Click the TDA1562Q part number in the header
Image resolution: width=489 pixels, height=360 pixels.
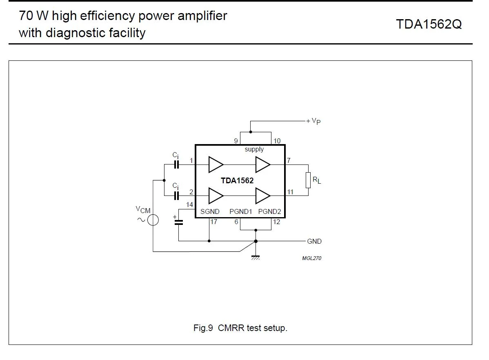click(x=429, y=24)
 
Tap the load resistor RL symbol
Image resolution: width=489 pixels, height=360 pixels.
click(x=308, y=180)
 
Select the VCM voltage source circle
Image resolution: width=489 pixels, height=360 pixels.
click(x=153, y=220)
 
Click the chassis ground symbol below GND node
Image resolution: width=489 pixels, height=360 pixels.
click(x=256, y=257)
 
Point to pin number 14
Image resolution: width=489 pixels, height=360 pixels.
click(x=189, y=205)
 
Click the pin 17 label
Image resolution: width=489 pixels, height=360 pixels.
click(x=213, y=222)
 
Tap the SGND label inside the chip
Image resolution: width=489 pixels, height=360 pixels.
click(x=210, y=211)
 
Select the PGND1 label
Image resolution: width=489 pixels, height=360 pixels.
click(x=240, y=211)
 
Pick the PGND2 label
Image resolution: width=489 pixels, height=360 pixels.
click(x=269, y=211)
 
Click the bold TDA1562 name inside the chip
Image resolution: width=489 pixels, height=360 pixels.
click(x=237, y=180)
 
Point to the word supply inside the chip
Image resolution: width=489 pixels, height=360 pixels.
click(x=254, y=149)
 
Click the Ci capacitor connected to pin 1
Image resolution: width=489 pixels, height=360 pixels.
click(x=176, y=164)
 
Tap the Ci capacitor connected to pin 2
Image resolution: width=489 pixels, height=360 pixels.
click(x=176, y=196)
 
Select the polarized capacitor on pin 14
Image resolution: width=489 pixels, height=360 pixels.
click(x=178, y=222)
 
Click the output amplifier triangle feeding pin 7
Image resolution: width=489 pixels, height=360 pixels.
click(x=262, y=164)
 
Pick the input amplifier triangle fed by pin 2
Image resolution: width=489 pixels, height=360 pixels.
click(x=215, y=196)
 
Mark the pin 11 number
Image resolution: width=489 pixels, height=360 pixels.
click(x=290, y=192)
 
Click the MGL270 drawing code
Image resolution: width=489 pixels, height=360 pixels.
click(x=311, y=258)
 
